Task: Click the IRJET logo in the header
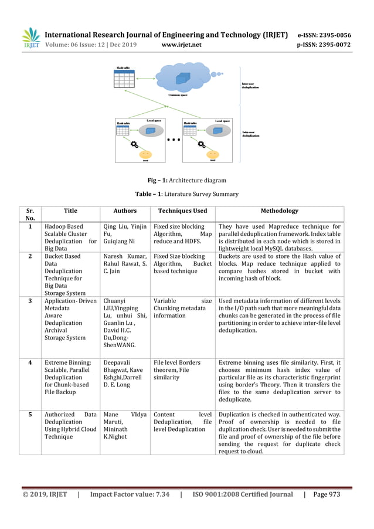(30, 38)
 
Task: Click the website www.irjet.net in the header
(181, 45)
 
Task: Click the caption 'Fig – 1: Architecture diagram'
(186, 180)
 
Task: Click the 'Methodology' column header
(279, 211)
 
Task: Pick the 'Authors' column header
(124, 211)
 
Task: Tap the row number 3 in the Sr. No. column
(30, 301)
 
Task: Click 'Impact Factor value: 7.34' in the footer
(130, 494)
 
